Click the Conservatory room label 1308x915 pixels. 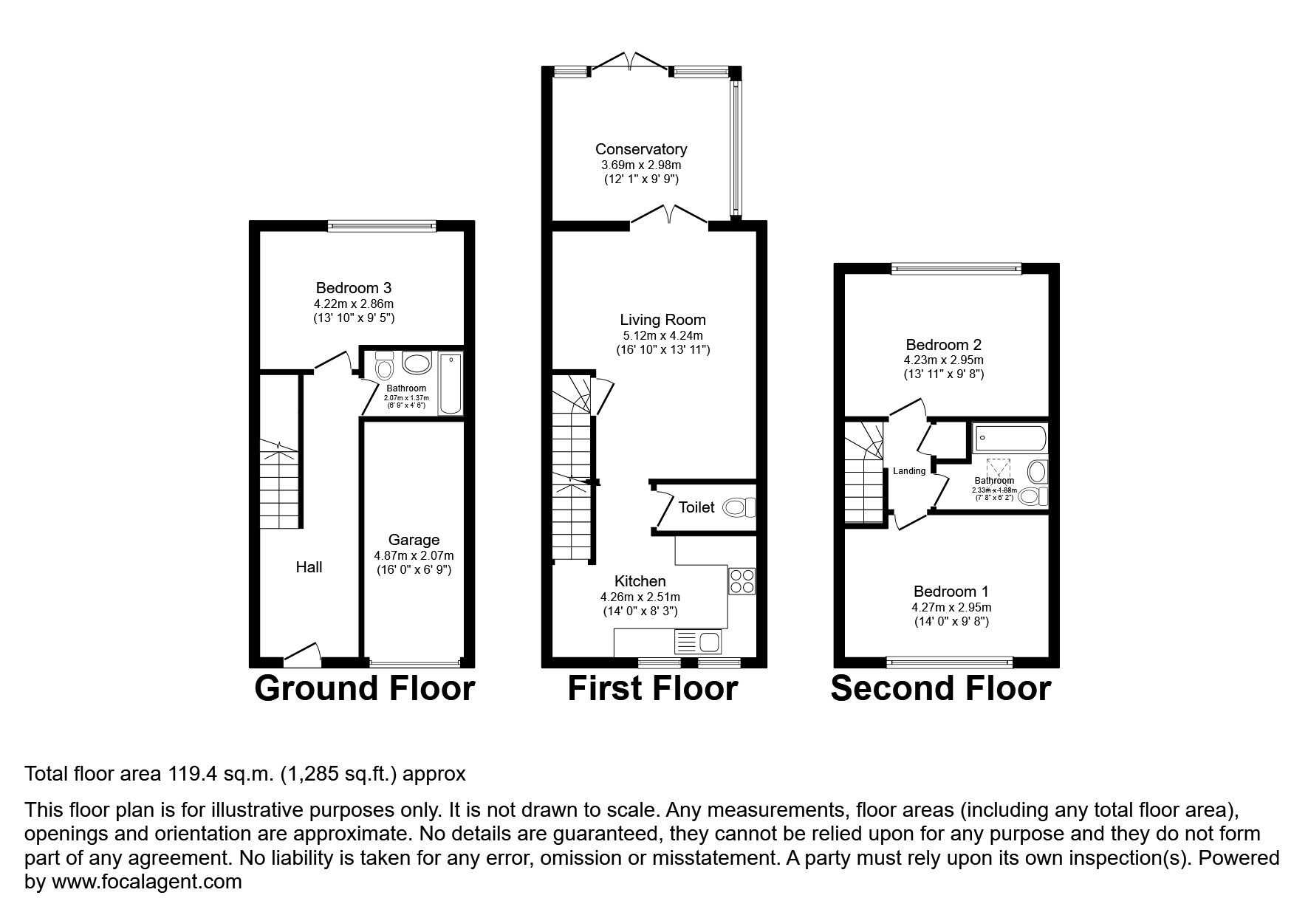click(640, 149)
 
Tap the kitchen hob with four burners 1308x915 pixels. click(742, 581)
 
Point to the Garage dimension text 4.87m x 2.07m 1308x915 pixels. click(414, 555)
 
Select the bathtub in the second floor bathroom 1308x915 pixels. click(1010, 439)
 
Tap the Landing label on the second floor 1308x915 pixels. click(908, 471)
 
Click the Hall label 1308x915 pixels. click(309, 567)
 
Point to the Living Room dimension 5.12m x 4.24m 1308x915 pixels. click(662, 335)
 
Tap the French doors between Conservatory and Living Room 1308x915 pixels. click(669, 215)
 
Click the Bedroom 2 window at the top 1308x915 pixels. click(956, 269)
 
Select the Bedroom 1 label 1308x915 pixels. click(951, 592)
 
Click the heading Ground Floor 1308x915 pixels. click(364, 688)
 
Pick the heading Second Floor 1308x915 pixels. click(940, 688)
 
